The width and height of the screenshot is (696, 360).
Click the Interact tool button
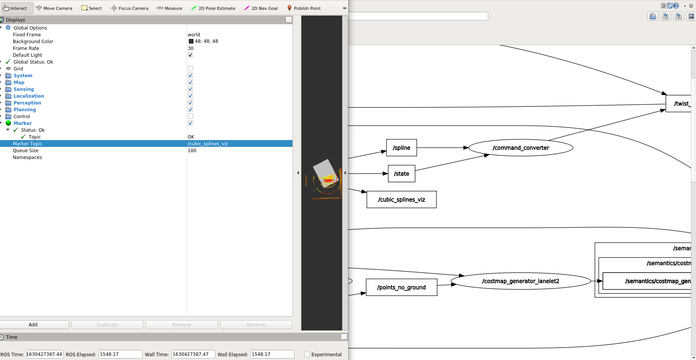(16, 8)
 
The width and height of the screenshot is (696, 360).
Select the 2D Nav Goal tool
(261, 8)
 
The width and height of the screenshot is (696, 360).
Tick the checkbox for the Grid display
(190, 69)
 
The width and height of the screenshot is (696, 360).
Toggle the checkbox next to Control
(190, 116)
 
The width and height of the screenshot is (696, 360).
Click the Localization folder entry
(29, 96)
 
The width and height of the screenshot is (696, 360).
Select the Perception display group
(27, 103)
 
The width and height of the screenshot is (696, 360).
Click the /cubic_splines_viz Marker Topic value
(208, 143)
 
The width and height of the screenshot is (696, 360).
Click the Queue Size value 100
(192, 150)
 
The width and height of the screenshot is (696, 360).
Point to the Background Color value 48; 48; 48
(206, 41)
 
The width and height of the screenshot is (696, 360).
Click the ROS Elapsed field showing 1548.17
(120, 354)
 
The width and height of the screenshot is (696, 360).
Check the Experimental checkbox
(307, 354)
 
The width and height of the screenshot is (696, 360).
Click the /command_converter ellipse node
(520, 148)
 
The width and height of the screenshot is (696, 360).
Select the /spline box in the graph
(401, 148)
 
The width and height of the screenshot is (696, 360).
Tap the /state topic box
(401, 173)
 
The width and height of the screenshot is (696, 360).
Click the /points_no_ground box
(401, 287)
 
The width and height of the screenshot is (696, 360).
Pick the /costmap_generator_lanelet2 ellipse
(520, 281)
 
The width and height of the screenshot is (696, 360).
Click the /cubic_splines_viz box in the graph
(401, 199)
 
